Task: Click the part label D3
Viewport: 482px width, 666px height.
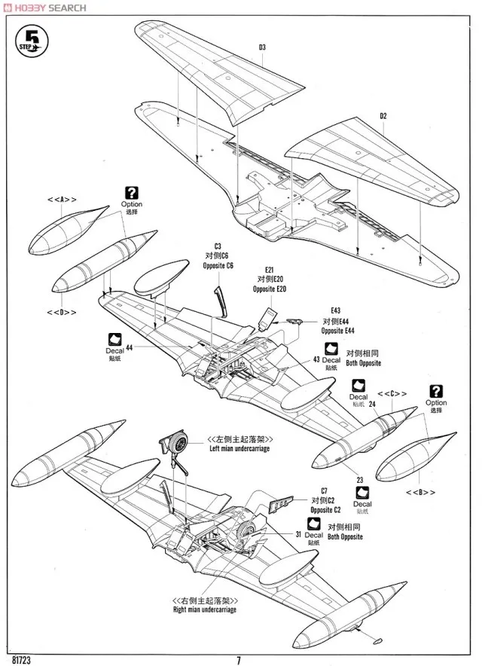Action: pos(262,47)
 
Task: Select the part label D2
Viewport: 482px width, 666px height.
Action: pos(383,116)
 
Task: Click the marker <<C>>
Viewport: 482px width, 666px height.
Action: pos(392,393)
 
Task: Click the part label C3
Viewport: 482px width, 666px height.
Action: pos(218,246)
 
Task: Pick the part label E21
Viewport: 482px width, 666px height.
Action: pos(269,270)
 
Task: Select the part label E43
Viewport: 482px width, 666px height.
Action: pos(334,310)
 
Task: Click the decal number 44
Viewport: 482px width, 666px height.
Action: pos(129,348)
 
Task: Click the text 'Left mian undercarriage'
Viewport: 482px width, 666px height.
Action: pos(239,448)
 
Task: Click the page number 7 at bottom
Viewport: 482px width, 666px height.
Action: pos(239,661)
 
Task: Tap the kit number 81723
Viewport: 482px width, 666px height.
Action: pos(23,660)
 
